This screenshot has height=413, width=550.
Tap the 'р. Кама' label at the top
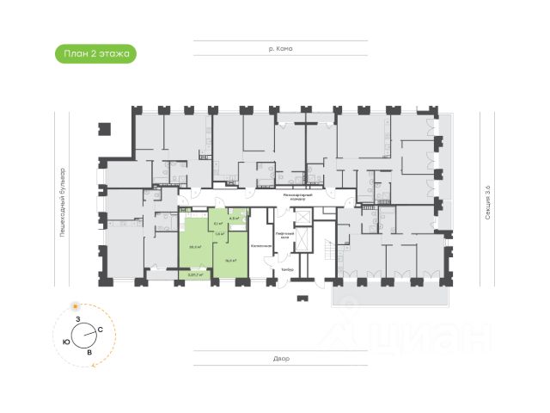tap(280, 48)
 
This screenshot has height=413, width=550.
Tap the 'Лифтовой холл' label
tap(284, 235)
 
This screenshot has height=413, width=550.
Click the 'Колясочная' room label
tap(261, 246)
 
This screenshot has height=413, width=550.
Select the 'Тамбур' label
tap(286, 269)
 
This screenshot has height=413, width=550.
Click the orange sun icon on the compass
tap(77, 307)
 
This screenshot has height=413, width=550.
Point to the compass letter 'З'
tap(78, 320)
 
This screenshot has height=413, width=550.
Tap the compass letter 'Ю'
tap(66, 342)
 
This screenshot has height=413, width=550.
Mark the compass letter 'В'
tap(89, 353)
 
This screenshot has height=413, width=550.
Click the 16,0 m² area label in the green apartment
tap(230, 259)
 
